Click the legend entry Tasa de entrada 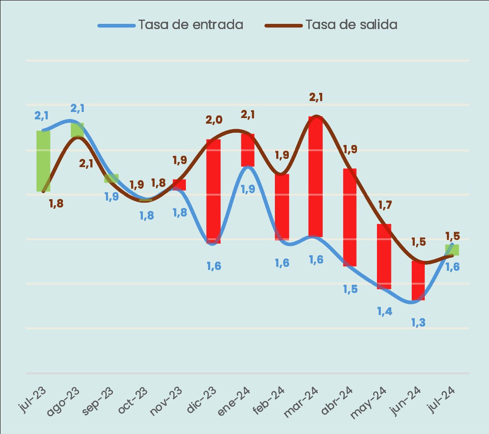(x=191, y=25)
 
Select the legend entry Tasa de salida (x=351, y=25)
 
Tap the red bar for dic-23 (x=213, y=191)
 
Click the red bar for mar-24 (x=316, y=177)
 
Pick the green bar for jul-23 (x=43, y=161)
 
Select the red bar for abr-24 (x=350, y=217)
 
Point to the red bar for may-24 (x=384, y=256)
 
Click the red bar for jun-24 (x=418, y=280)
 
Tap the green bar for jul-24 (x=452, y=250)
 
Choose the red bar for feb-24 (x=282, y=207)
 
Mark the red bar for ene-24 (x=248, y=150)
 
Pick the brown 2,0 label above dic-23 (x=214, y=120)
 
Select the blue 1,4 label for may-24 (x=384, y=311)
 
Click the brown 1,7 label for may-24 (x=385, y=204)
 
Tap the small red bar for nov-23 (x=179, y=185)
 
